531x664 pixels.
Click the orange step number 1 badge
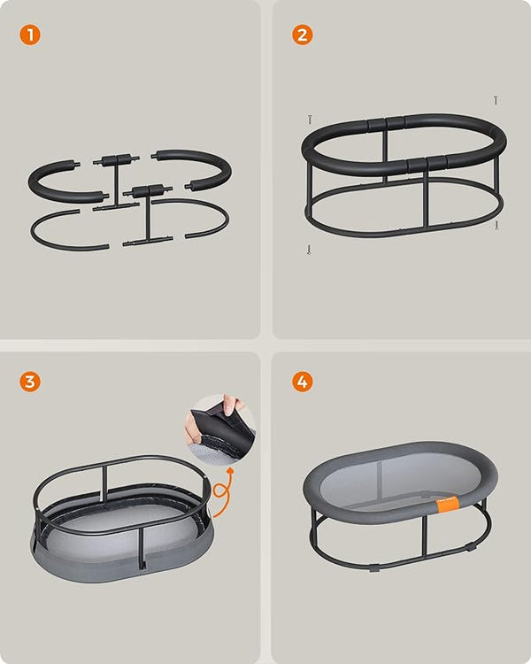click(x=30, y=36)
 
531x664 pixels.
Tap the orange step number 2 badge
click(x=303, y=36)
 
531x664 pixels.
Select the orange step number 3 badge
click(x=30, y=382)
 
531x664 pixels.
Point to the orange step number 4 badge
click(x=303, y=382)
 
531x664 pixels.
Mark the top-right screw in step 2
click(x=496, y=100)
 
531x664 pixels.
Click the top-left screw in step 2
click(x=310, y=119)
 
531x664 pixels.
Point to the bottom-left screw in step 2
click(x=308, y=250)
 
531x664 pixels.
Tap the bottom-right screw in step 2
click(x=497, y=226)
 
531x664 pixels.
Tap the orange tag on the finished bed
click(x=449, y=503)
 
